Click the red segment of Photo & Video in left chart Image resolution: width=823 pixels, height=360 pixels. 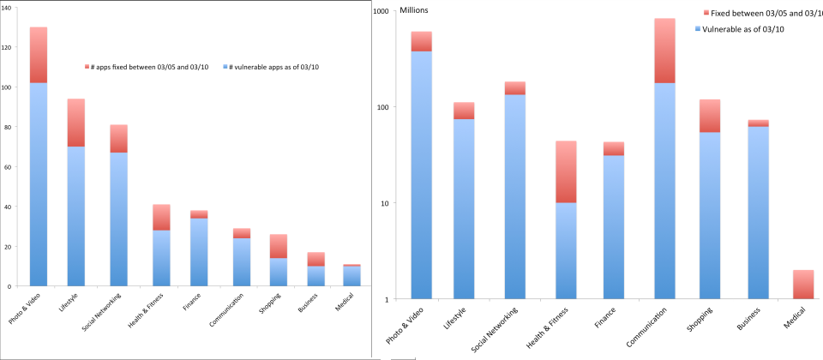click(x=39, y=55)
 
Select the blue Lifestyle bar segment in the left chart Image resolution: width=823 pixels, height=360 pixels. click(x=76, y=214)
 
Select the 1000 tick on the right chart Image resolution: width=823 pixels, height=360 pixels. click(x=379, y=11)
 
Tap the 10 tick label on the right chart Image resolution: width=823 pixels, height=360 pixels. click(x=383, y=204)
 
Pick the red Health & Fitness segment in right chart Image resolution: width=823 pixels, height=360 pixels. click(x=566, y=171)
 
